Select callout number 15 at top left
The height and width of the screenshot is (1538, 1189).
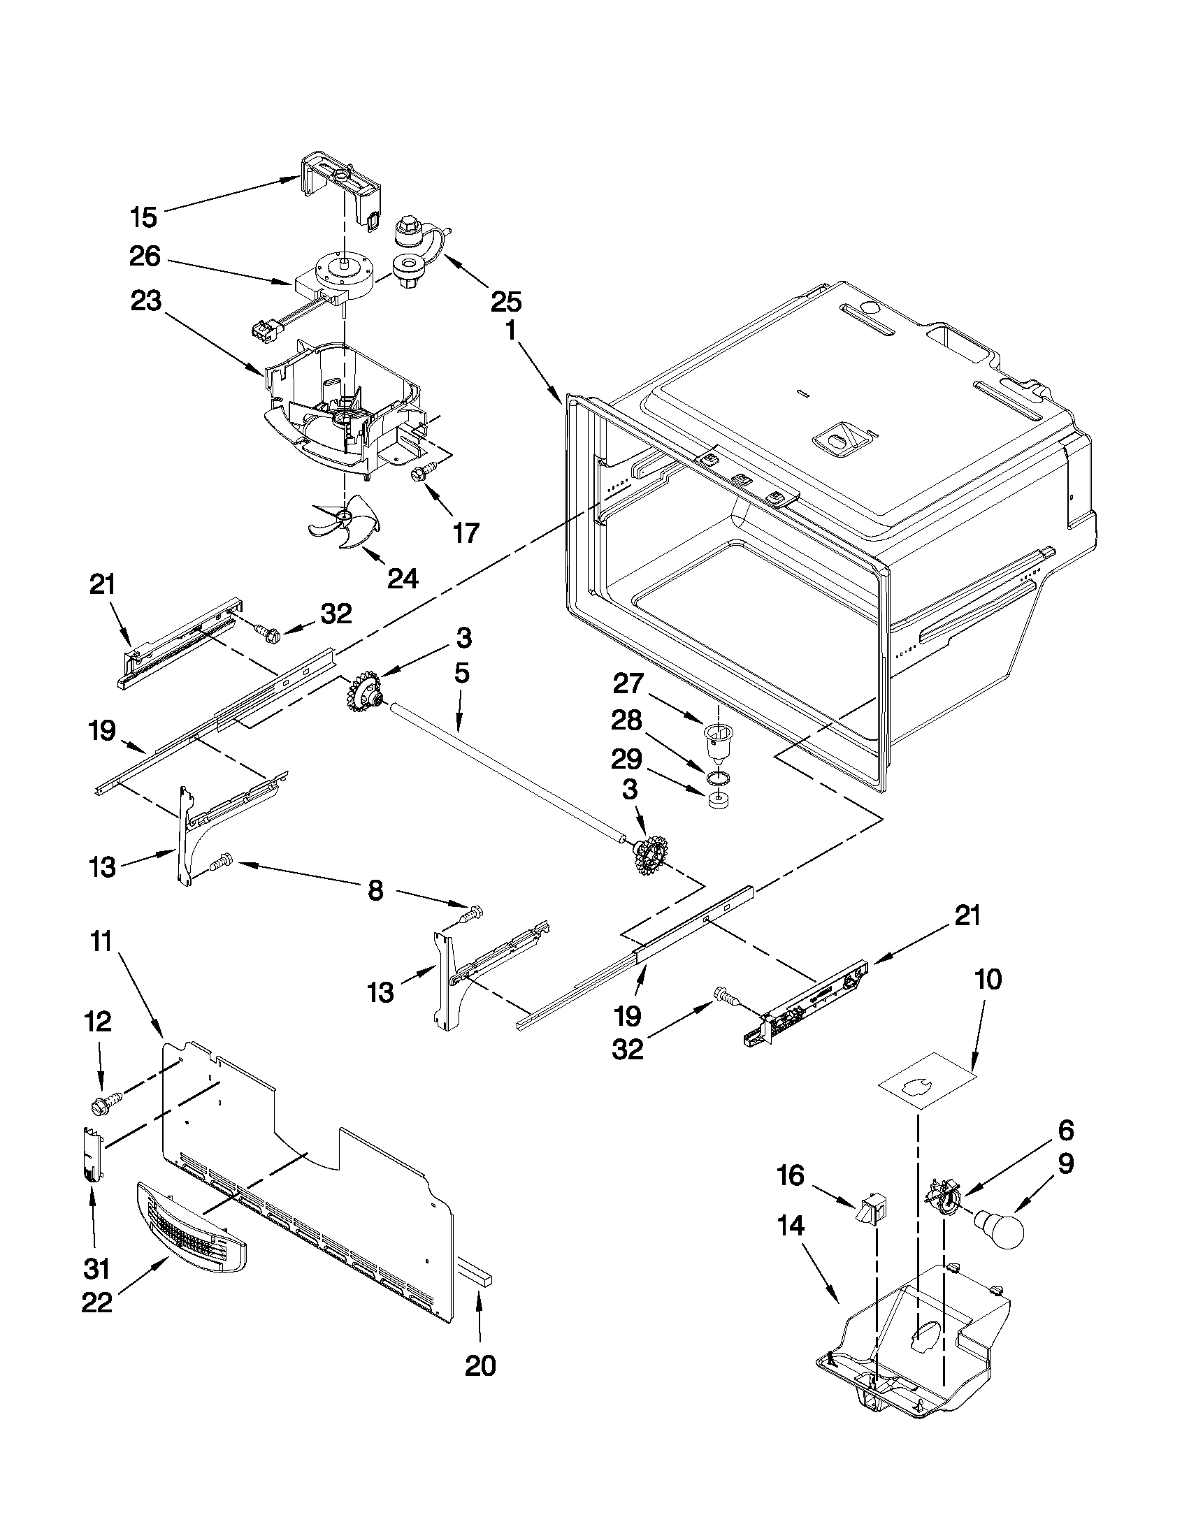(x=144, y=217)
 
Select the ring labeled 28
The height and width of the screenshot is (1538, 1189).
(x=716, y=777)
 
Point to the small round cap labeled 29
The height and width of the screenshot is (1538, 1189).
(x=716, y=803)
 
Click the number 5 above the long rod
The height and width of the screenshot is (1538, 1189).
(x=461, y=674)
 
